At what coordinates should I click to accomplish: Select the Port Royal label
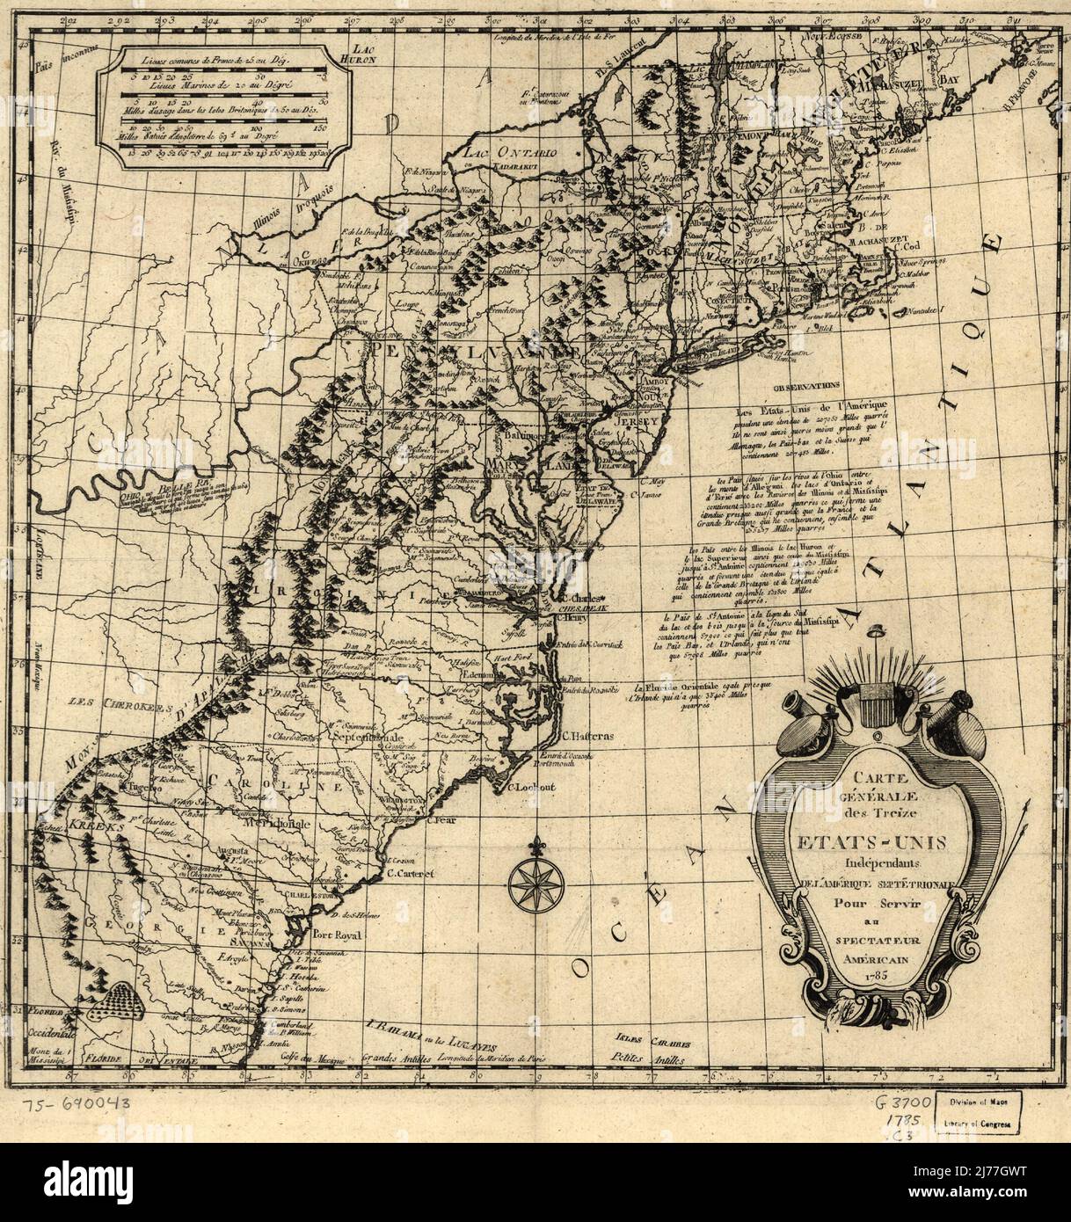click(x=332, y=936)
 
